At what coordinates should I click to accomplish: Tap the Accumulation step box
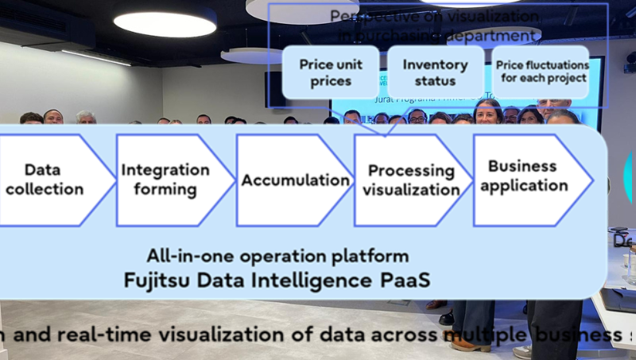295,180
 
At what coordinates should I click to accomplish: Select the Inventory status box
435,72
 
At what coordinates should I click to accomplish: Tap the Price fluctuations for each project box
541,72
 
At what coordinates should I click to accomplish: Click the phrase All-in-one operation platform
277,256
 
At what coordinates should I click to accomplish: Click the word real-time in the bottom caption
95,335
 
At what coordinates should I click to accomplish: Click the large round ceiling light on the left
165,22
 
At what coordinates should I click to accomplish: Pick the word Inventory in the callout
435,64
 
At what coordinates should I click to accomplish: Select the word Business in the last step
521,166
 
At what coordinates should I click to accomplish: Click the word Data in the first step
43,169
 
